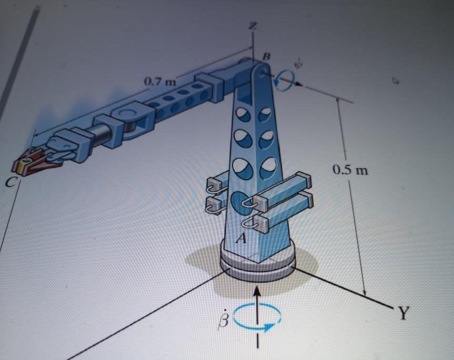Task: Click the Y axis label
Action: click(402, 314)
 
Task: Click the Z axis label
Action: click(254, 27)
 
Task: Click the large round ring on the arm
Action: click(129, 117)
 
